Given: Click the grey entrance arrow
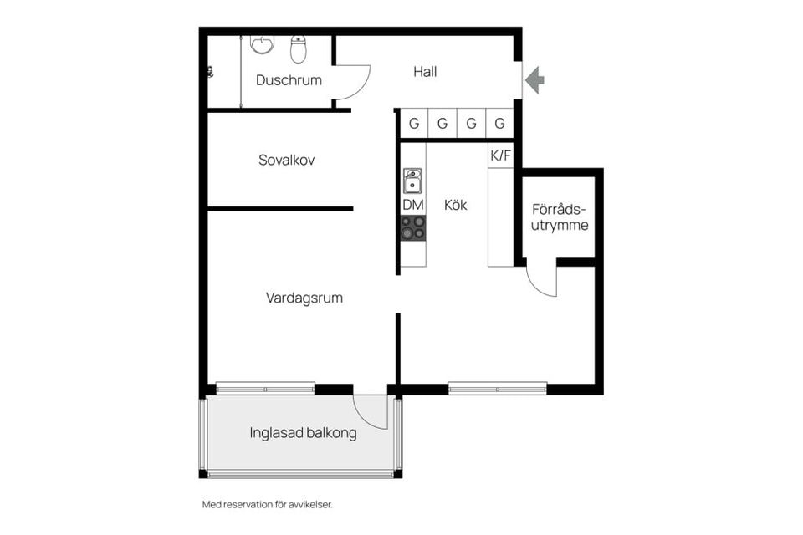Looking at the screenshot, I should (534, 80).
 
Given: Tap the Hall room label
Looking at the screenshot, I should (425, 72).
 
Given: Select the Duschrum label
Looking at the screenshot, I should (289, 80).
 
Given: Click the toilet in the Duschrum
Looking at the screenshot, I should (299, 49).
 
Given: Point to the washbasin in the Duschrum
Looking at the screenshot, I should (262, 45).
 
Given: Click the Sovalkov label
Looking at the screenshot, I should (286, 160).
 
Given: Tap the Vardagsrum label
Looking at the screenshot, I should (304, 298).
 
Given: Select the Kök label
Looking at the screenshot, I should (456, 205).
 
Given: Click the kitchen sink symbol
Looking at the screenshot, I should (413, 181).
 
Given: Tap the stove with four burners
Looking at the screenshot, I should (413, 227).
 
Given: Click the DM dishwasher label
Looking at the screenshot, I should (413, 205).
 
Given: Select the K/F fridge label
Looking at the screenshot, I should (500, 155).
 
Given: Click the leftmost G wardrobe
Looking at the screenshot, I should (414, 124).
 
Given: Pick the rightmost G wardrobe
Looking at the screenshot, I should (500, 124).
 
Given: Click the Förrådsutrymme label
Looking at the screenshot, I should (560, 217).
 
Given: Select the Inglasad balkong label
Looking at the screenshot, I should (304, 433).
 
